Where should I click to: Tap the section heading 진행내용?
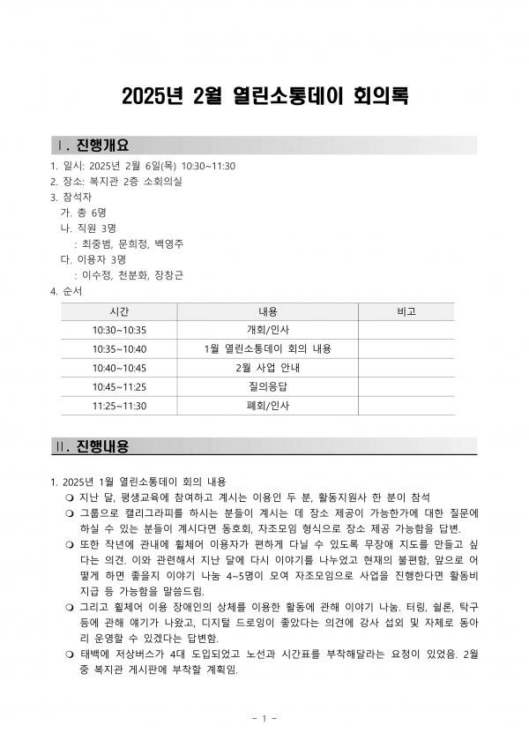102,446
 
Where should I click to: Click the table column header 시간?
119,311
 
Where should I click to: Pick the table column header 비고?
406,311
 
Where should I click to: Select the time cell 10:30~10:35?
119,330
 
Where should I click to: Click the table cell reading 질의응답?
267,387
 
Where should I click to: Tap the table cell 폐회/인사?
267,406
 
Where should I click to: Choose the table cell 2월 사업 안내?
267,368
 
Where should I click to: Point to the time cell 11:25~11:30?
119,406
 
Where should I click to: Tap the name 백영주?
168,243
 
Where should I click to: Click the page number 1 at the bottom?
264,718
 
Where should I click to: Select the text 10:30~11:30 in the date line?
208,165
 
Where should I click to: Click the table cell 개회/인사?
267,330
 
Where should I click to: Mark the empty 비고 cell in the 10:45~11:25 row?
406,387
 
